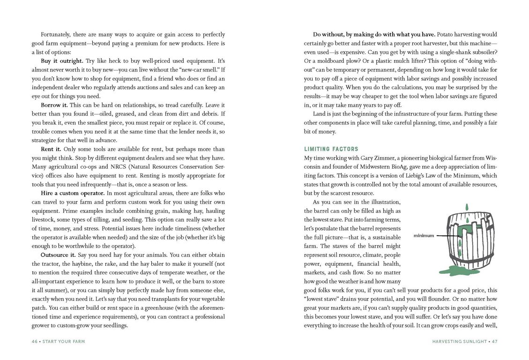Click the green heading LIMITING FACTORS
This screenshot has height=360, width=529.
[x=331, y=149]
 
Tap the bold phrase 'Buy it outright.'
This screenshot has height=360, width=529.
[x=62, y=61]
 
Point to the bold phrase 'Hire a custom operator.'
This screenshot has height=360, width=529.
[x=73, y=193]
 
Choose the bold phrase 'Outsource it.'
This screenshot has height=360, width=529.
[x=58, y=255]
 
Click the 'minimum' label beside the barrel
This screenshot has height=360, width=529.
[x=424, y=235]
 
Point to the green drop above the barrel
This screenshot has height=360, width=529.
[x=466, y=207]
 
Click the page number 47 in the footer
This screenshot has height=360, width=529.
[x=494, y=341]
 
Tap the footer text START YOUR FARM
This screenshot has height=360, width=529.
[x=64, y=341]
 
